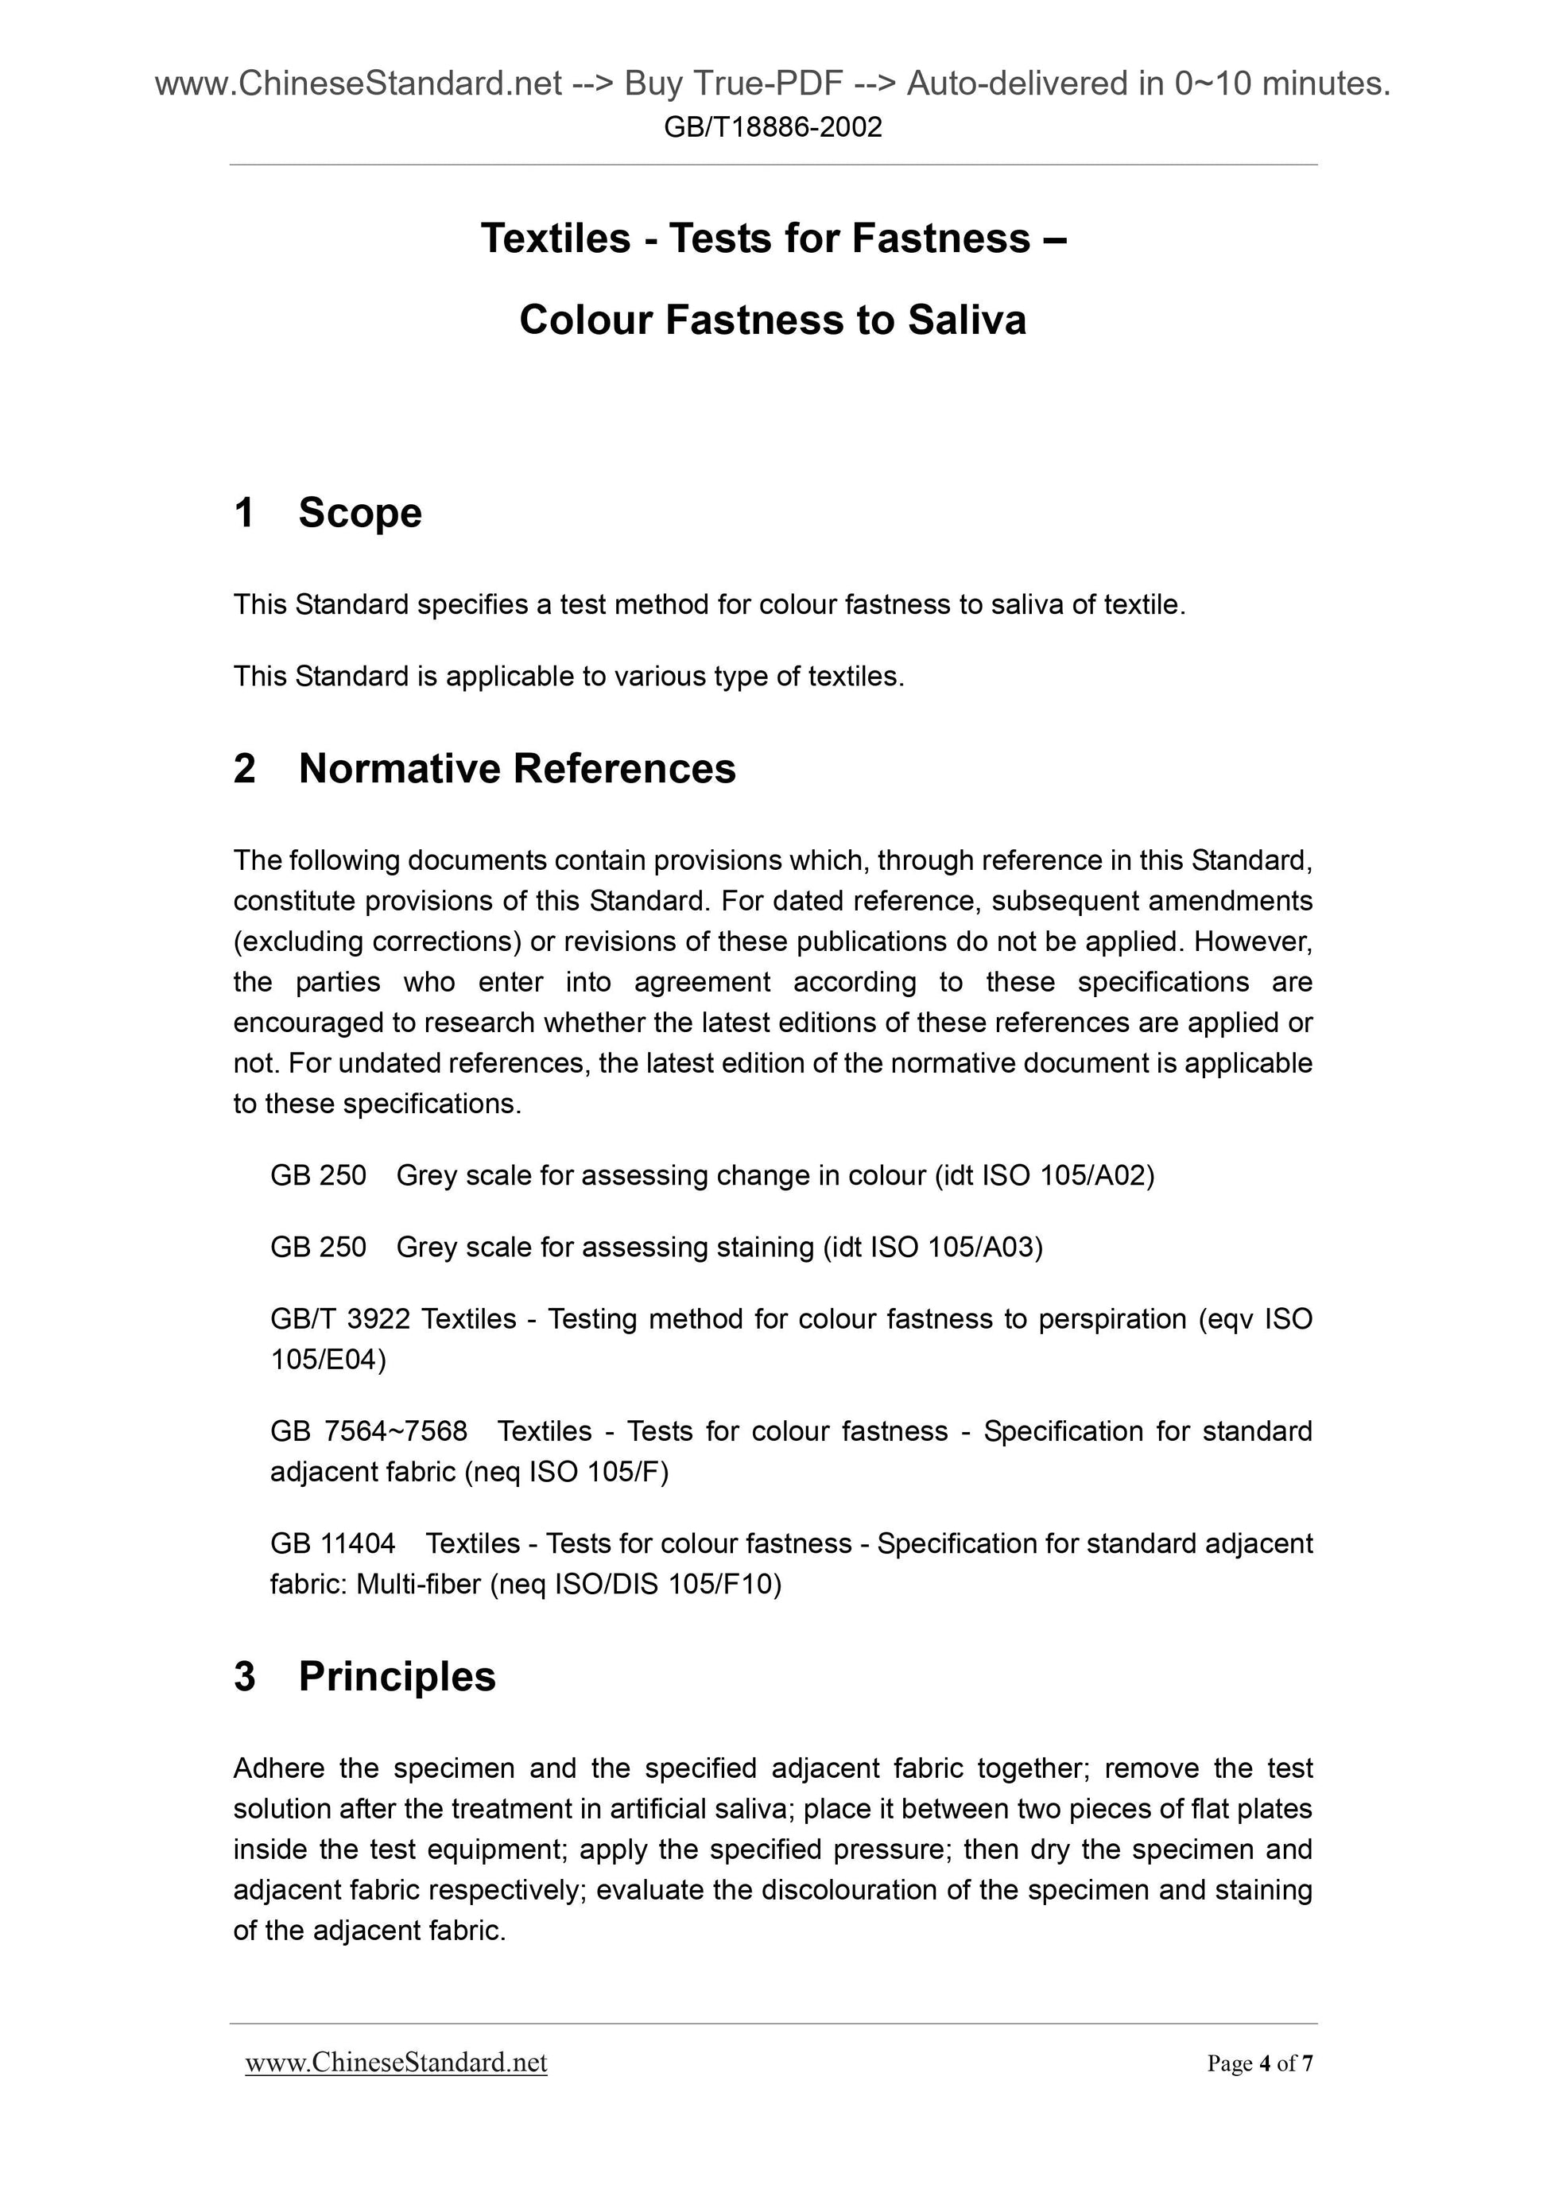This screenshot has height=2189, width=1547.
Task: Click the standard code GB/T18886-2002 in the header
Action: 772,126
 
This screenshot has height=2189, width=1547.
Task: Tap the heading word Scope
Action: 359,513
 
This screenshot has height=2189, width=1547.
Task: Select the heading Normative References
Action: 517,768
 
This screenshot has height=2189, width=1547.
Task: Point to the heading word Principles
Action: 397,1676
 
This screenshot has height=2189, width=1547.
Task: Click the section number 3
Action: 244,1676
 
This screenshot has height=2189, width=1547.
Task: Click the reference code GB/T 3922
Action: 339,1318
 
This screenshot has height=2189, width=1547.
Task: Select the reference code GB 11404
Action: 331,1543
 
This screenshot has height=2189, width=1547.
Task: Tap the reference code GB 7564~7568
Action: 369,1431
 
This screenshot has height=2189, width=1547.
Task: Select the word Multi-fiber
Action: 417,1584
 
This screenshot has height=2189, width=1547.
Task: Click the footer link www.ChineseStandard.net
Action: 396,2064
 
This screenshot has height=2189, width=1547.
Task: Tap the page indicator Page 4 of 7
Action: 1259,2064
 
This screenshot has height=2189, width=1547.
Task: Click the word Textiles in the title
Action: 555,239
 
